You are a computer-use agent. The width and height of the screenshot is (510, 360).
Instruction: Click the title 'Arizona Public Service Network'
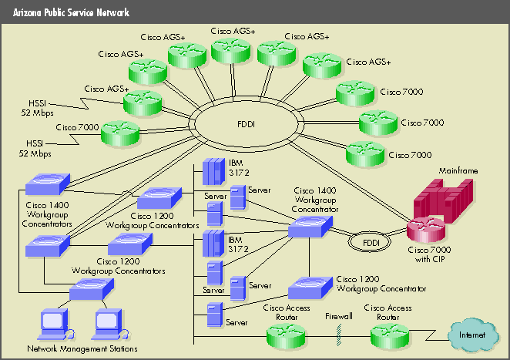tap(71, 13)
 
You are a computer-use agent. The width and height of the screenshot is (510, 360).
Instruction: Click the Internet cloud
tap(471, 336)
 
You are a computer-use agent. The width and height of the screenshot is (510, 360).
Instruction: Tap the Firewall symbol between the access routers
tap(338, 332)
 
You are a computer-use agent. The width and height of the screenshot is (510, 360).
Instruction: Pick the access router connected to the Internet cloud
tap(391, 335)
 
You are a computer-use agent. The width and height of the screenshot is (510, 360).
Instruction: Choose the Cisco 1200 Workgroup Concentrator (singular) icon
tap(310, 288)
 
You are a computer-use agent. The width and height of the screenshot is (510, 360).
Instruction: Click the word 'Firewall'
tap(338, 316)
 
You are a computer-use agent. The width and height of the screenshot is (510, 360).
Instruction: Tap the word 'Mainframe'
tap(457, 169)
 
